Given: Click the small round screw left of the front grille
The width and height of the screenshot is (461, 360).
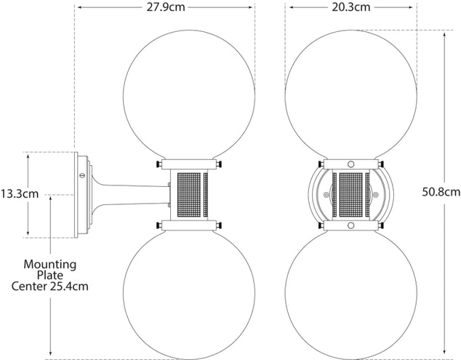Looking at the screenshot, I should point(326,195).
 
